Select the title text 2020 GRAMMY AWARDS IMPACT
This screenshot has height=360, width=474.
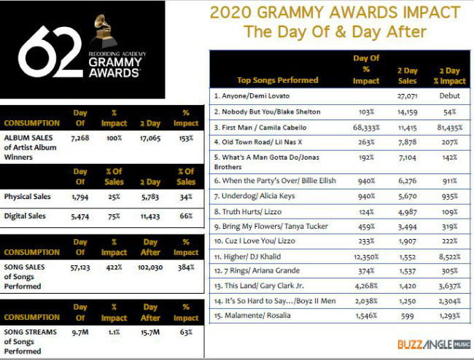pyautogui.click(x=335, y=13)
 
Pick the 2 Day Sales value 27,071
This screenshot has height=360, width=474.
pyautogui.click(x=407, y=95)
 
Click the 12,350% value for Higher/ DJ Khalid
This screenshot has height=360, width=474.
pyautogui.click(x=365, y=257)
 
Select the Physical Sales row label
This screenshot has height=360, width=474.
pyautogui.click(x=27, y=196)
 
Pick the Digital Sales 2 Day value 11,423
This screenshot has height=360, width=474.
pyautogui.click(x=150, y=216)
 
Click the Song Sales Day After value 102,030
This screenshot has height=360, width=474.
pyautogui.click(x=149, y=268)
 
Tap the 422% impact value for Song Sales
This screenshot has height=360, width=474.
pyautogui.click(x=114, y=268)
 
